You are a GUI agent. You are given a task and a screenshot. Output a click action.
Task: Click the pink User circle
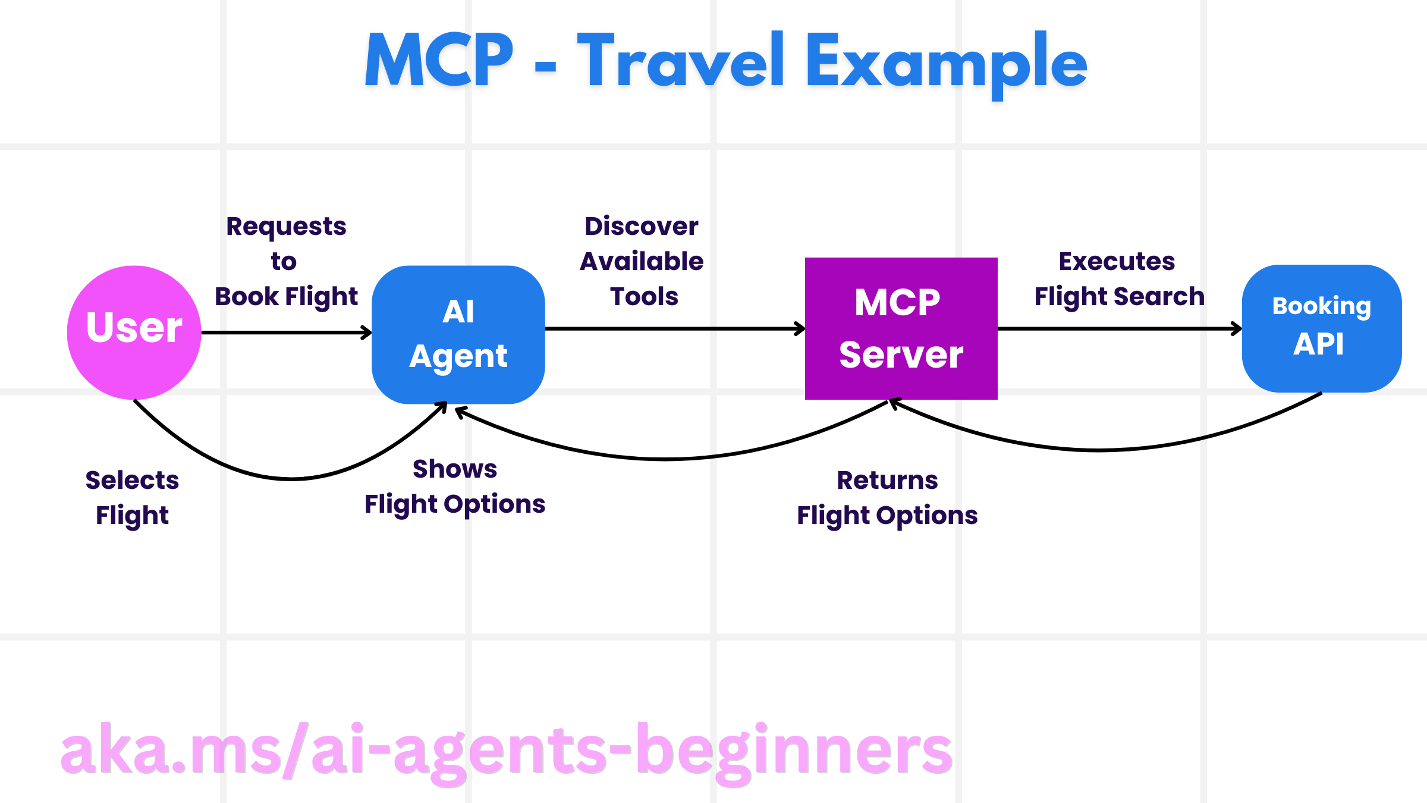click(134, 332)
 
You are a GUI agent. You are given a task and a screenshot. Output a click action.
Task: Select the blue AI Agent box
click(458, 334)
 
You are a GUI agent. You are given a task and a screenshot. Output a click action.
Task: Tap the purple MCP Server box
click(901, 328)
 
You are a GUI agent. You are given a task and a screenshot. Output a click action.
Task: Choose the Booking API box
click(1321, 328)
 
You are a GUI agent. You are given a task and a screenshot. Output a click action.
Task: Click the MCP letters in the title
click(439, 60)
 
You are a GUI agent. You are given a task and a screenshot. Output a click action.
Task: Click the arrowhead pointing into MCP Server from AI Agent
click(800, 328)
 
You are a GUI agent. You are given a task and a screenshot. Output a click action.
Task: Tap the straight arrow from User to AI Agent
click(285, 333)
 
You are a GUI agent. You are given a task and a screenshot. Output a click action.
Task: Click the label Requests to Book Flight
click(286, 262)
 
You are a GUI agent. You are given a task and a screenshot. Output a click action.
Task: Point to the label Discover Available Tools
click(642, 261)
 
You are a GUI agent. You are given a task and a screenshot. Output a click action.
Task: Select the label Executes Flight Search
click(1118, 279)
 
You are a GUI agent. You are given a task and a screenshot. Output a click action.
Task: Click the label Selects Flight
click(132, 497)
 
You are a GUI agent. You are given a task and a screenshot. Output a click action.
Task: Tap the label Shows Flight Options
click(455, 486)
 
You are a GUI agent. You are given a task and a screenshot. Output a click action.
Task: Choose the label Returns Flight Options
click(887, 497)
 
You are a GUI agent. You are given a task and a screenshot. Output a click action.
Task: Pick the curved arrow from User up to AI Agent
click(291, 478)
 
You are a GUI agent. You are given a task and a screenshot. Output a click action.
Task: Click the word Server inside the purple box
click(901, 355)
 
